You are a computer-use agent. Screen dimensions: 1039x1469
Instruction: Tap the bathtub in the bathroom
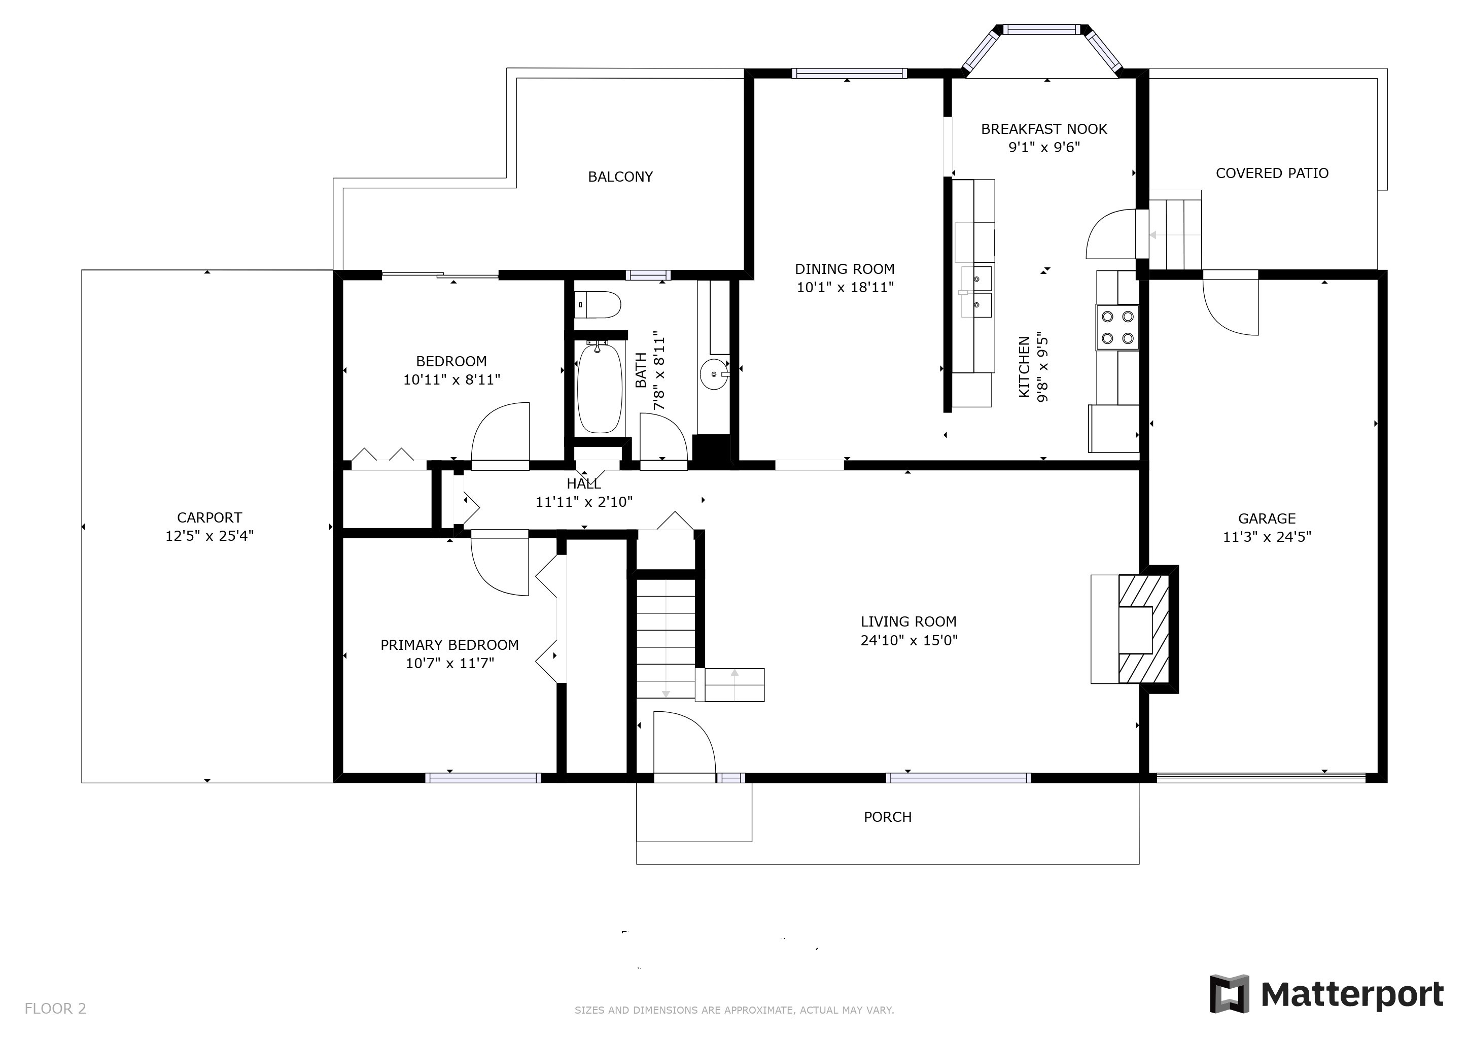tap(600, 388)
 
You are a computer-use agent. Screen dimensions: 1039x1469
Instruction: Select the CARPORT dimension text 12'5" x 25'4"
tap(209, 536)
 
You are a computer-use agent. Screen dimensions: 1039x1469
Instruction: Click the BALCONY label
tap(620, 177)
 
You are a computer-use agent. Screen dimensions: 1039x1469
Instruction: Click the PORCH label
tap(887, 817)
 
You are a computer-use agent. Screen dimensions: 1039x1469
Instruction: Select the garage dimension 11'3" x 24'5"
tap(1266, 537)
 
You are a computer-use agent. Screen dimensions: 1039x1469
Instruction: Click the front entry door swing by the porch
tap(683, 742)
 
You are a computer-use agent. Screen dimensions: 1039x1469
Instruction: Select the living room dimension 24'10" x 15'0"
tap(908, 640)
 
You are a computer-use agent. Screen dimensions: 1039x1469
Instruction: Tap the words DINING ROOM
tap(844, 269)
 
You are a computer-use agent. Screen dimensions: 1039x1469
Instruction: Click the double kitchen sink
tap(976, 292)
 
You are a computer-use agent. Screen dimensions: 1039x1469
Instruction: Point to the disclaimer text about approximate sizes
tap(734, 1010)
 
